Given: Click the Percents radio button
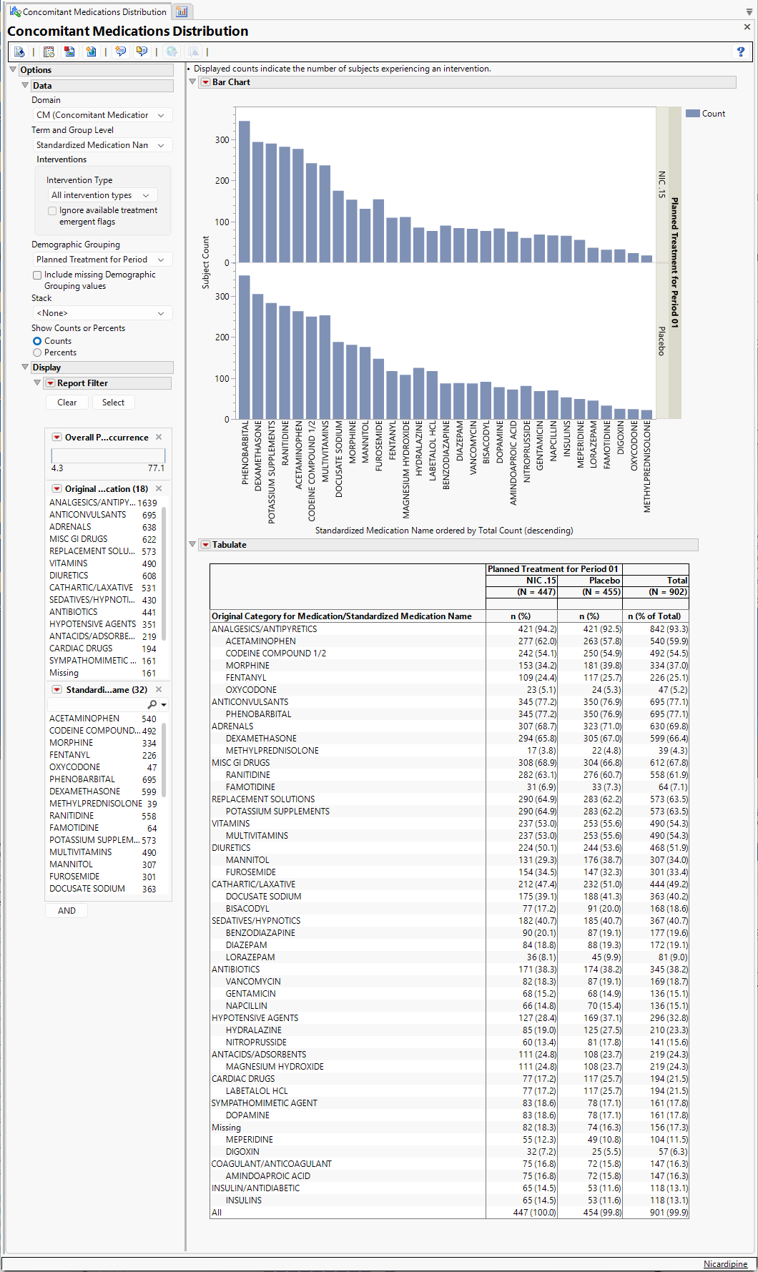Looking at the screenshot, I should (37, 352).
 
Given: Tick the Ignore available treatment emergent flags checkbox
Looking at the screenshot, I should (52, 211).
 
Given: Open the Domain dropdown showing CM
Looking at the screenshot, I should (101, 115).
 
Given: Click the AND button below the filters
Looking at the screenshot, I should (67, 910).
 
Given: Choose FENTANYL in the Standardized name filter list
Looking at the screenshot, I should (70, 755).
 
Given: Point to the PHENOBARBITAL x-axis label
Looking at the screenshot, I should (245, 453).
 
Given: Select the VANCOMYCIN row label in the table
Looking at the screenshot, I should (253, 982).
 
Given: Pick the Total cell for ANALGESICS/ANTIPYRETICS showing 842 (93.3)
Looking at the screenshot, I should (669, 629).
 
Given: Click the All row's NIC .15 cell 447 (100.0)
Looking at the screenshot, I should (535, 1213).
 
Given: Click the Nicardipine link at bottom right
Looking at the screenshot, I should (725, 1264).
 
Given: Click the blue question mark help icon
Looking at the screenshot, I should (740, 51).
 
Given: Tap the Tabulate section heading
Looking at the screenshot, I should (229, 545).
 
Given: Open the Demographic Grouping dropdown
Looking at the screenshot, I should (101, 260).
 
